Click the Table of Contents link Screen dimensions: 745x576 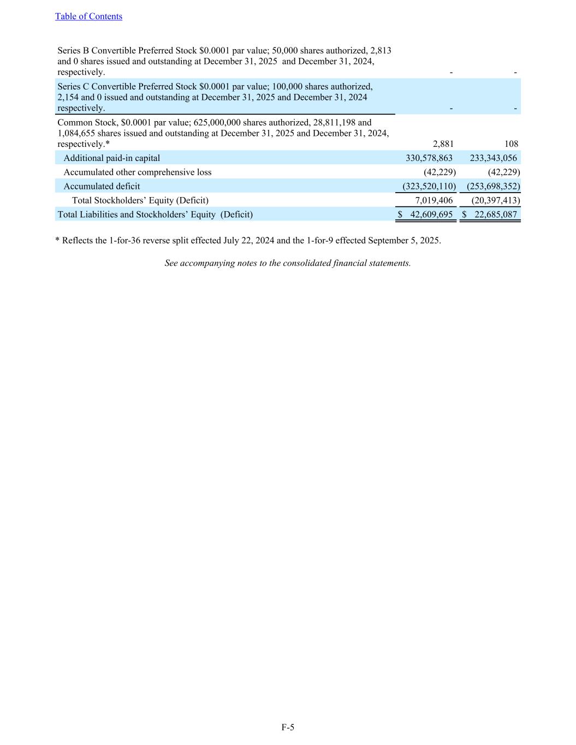88,16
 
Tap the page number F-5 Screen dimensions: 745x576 288,727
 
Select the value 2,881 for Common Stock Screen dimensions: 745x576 443,144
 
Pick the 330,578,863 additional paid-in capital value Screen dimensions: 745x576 429,158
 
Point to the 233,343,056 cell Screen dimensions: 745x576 493,158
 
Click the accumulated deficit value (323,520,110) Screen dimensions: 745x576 429,187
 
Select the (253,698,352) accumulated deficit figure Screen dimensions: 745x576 493,187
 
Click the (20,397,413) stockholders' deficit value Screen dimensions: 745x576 495,201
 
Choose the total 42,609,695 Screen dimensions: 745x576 431,215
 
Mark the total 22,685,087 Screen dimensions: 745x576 495,215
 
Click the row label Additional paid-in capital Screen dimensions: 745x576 112,158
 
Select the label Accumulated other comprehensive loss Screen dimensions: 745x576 138,172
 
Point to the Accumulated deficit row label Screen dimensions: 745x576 102,187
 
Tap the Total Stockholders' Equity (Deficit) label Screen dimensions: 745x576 140,201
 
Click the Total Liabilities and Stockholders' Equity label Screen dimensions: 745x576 155,215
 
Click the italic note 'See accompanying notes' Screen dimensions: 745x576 288,263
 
